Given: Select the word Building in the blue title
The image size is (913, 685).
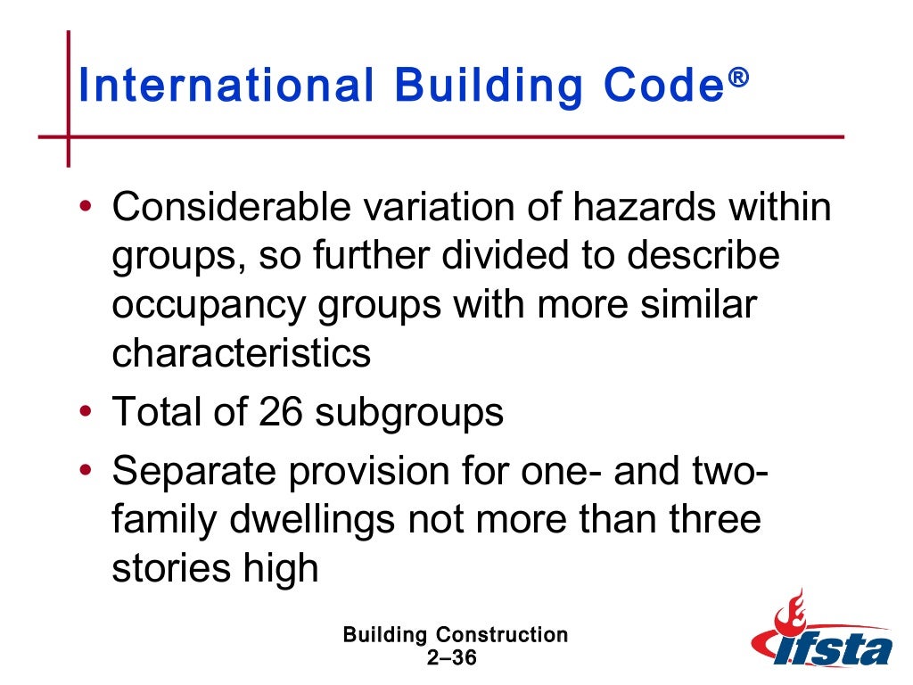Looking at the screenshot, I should [486, 87].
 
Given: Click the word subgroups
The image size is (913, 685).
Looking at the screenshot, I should [411, 413].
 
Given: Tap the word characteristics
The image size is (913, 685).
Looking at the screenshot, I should [241, 354].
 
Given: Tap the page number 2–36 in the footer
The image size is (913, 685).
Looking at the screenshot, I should [454, 658].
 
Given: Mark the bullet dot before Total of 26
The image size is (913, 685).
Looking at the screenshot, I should [85, 413].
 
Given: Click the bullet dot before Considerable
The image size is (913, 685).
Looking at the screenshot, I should [85, 208].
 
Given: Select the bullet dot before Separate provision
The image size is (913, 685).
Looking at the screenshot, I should [85, 470].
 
